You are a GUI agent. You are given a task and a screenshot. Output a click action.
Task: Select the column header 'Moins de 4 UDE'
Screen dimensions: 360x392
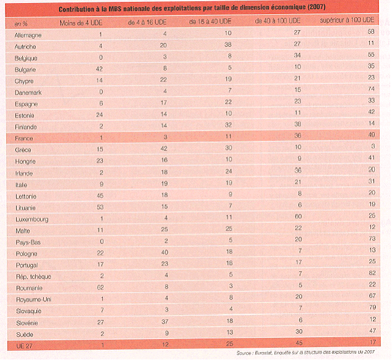pyautogui.click(x=81, y=22)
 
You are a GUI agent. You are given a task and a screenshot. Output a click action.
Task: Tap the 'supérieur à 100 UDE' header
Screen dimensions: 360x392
pyautogui.click(x=348, y=22)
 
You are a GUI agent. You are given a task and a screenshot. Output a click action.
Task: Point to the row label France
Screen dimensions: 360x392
pyautogui.click(x=24, y=139)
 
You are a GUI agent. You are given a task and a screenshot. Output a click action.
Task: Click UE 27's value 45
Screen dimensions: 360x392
pyautogui.click(x=280, y=343)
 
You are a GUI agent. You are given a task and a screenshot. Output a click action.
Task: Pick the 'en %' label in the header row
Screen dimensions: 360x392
pyautogui.click(x=20, y=23)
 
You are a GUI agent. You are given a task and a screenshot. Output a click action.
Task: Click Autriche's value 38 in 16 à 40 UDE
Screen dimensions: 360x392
pyautogui.click(x=228, y=45)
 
